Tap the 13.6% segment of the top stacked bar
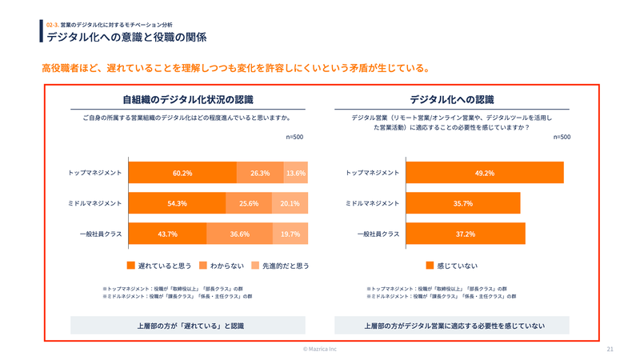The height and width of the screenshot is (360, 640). click(296, 173)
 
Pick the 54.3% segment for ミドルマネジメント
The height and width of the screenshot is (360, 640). click(177, 203)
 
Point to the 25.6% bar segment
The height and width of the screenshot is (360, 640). click(249, 203)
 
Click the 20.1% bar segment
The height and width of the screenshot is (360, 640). click(290, 203)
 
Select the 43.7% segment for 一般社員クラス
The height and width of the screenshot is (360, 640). click(167, 234)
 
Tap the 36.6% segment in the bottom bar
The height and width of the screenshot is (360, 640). click(240, 234)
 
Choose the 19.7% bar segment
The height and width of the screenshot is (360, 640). click(290, 234)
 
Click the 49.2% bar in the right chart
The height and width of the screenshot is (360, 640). click(485, 173)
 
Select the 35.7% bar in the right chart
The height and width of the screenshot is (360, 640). click(463, 203)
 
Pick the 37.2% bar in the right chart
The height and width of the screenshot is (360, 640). click(466, 234)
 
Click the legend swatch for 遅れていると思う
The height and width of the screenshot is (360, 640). click(131, 265)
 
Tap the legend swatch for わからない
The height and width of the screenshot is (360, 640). click(203, 265)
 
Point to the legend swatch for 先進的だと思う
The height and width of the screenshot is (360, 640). click(255, 265)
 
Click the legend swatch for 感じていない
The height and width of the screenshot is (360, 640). click(430, 265)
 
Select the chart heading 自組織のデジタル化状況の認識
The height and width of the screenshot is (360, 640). click(187, 100)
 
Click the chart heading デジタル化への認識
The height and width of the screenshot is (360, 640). click(452, 100)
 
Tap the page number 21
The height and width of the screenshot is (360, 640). click(610, 350)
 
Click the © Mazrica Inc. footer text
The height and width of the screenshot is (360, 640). click(320, 350)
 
